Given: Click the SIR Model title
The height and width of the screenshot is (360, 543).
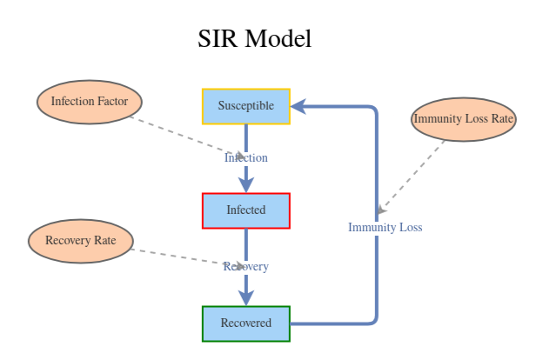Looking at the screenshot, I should click(x=254, y=39).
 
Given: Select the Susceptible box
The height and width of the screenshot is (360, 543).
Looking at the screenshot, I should click(x=245, y=106).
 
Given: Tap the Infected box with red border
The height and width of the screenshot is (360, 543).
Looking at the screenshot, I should click(x=245, y=210).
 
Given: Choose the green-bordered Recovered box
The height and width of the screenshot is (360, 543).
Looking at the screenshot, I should click(x=245, y=323).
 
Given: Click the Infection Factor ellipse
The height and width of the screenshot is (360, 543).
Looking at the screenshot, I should click(x=89, y=102).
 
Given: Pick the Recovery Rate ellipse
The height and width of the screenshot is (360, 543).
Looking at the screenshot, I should click(x=80, y=241).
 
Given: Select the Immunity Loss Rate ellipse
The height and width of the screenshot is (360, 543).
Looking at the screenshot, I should click(x=464, y=119).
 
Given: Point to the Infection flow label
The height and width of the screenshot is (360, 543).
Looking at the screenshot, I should click(x=245, y=158).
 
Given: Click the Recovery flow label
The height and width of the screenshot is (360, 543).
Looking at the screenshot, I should click(x=245, y=267).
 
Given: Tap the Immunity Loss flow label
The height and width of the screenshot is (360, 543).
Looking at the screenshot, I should click(x=385, y=228).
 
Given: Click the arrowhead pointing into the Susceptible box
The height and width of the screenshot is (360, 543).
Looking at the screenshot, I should click(x=298, y=106).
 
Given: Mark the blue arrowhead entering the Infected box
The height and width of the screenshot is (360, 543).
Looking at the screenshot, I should click(x=245, y=185).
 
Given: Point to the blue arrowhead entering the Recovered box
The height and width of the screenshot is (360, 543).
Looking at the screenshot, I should click(x=245, y=297).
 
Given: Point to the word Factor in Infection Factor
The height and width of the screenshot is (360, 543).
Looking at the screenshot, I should click(x=111, y=102).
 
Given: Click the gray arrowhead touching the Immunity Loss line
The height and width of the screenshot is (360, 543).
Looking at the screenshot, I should click(x=382, y=210).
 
